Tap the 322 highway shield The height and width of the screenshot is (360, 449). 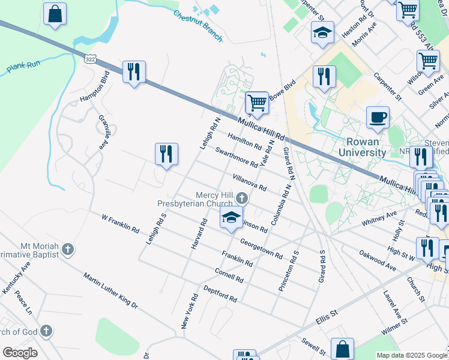tap(91, 59)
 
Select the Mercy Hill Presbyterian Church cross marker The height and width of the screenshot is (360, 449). tap(242, 198)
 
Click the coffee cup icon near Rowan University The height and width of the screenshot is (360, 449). tap(378, 117)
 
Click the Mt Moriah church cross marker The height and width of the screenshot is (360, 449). tap(68, 248)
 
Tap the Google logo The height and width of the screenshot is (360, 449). tap(20, 353)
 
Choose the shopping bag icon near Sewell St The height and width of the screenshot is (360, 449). tap(342, 349)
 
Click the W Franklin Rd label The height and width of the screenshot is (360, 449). tap(120, 224)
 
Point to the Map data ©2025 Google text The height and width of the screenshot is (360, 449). tap(412, 355)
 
